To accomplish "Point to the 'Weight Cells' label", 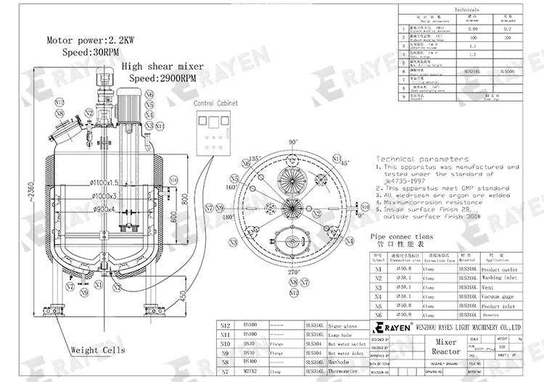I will [97, 350].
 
